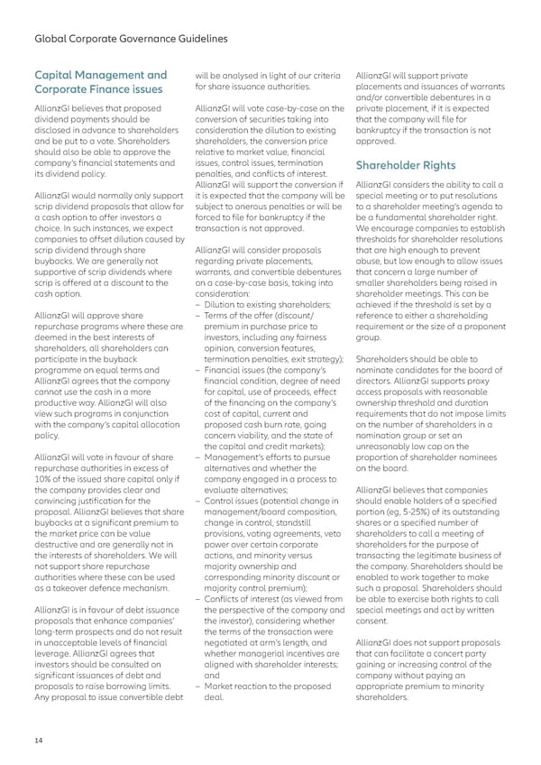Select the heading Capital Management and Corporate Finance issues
tap(99, 82)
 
